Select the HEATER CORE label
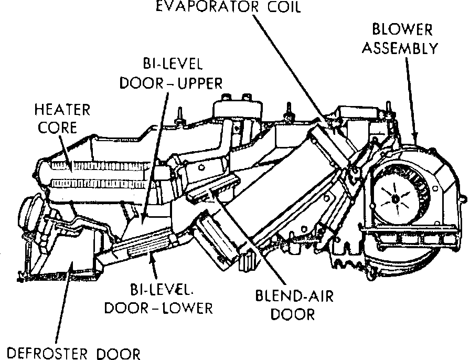[62, 119]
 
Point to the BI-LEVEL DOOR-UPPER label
[172, 73]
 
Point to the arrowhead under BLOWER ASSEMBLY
[415, 137]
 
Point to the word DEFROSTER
[45, 352]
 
